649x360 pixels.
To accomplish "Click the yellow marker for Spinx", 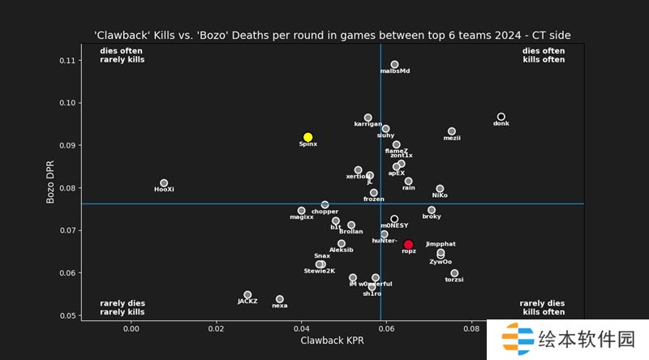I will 308,137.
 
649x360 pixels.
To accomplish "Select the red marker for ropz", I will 409,244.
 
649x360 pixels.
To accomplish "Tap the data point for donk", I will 501,117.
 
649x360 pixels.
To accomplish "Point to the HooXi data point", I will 164,183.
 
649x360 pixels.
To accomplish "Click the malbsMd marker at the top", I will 395,64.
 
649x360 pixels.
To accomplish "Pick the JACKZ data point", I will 247,295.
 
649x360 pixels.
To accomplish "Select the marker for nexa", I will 280,299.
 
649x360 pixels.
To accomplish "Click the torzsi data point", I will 454,273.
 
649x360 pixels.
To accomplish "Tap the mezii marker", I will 452,131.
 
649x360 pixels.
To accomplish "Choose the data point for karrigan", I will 368,118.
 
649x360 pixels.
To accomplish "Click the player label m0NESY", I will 394,225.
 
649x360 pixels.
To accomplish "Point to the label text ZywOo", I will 441,262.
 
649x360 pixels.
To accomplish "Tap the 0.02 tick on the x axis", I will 216,328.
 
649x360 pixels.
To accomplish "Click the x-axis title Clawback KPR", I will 332,342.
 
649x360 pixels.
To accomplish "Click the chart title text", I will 333,35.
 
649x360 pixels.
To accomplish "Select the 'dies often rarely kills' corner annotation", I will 122,55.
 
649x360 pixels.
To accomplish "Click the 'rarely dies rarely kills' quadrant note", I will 122,307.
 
